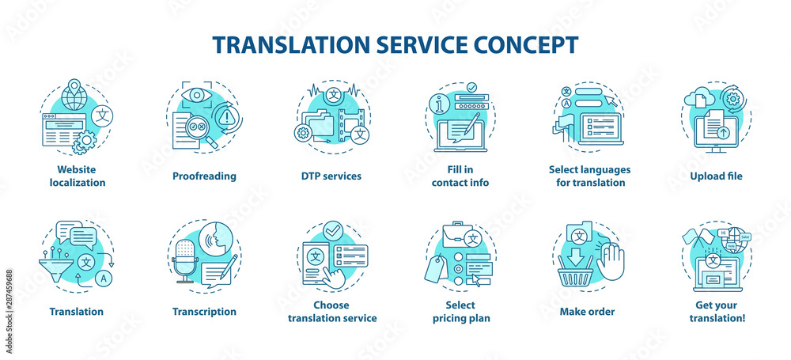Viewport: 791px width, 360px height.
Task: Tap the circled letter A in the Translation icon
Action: click(x=104, y=277)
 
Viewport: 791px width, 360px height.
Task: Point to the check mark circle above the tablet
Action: click(x=333, y=229)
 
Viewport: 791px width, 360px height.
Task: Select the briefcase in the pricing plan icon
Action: click(x=446, y=235)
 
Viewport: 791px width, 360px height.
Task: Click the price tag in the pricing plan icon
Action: click(x=437, y=269)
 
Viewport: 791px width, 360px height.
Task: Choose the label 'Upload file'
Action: click(x=715, y=176)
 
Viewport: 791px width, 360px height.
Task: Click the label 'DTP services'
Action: click(x=331, y=176)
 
